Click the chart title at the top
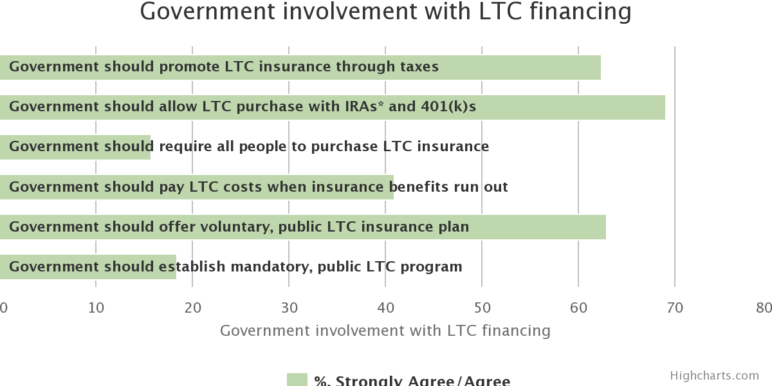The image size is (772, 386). pyautogui.click(x=385, y=12)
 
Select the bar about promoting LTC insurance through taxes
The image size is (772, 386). pyautogui.click(x=515, y=68)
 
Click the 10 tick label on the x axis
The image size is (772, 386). pyautogui.click(x=96, y=308)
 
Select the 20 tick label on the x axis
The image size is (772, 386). pyautogui.click(x=192, y=308)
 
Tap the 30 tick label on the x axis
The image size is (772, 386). pyautogui.click(x=289, y=308)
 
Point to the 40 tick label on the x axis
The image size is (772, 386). pyautogui.click(x=385, y=308)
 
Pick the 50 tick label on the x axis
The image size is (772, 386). pyautogui.click(x=482, y=308)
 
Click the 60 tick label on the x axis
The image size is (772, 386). pyautogui.click(x=578, y=308)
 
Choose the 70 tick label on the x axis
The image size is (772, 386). pyautogui.click(x=675, y=308)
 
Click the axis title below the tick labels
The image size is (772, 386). pyautogui.click(x=385, y=331)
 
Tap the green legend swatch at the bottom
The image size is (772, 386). pyautogui.click(x=297, y=380)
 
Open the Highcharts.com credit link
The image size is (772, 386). pyautogui.click(x=714, y=376)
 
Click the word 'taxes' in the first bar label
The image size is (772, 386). pyautogui.click(x=418, y=67)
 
